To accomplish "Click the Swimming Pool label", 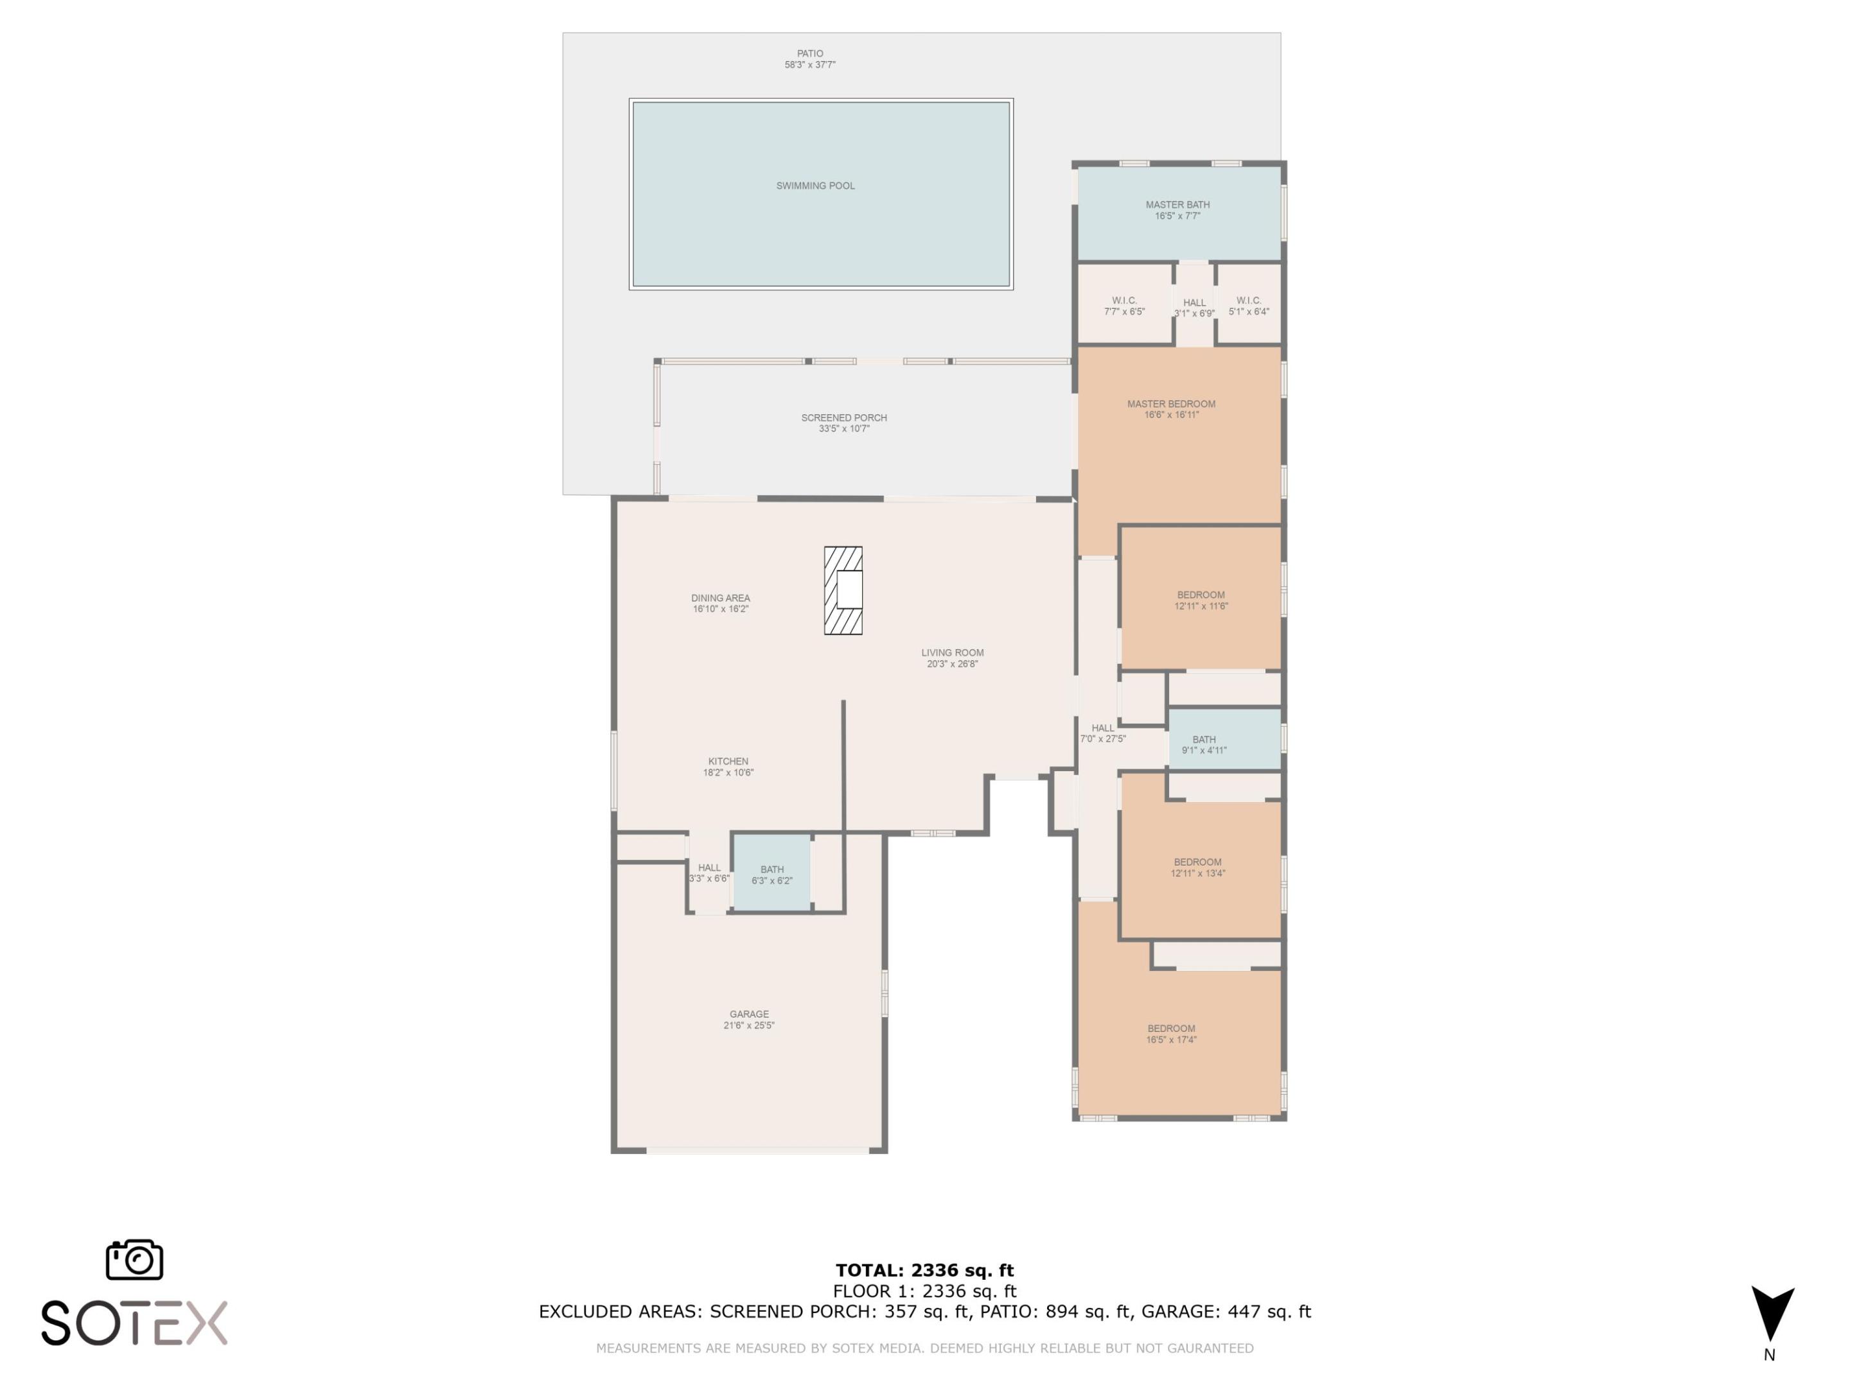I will coord(815,186).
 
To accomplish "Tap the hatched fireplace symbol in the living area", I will coord(843,590).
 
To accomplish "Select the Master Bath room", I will coord(1177,211).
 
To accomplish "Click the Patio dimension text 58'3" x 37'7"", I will coord(809,64).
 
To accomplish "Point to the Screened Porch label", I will coord(844,418).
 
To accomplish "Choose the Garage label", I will coord(748,1014).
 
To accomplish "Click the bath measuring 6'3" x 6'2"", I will coord(771,875).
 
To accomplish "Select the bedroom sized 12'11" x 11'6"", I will coord(1200,600).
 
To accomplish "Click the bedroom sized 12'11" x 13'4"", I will coord(1197,867).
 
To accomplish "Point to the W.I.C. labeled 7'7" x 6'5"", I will coord(1124,305).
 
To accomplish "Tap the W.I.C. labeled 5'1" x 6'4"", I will coord(1248,305).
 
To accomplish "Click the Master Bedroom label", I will coord(1171,404).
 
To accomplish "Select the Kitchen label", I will coord(728,762).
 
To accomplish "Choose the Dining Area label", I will coord(720,598).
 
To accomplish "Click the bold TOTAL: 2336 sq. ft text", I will coord(924,1271).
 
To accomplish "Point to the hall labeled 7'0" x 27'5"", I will coord(1102,733).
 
